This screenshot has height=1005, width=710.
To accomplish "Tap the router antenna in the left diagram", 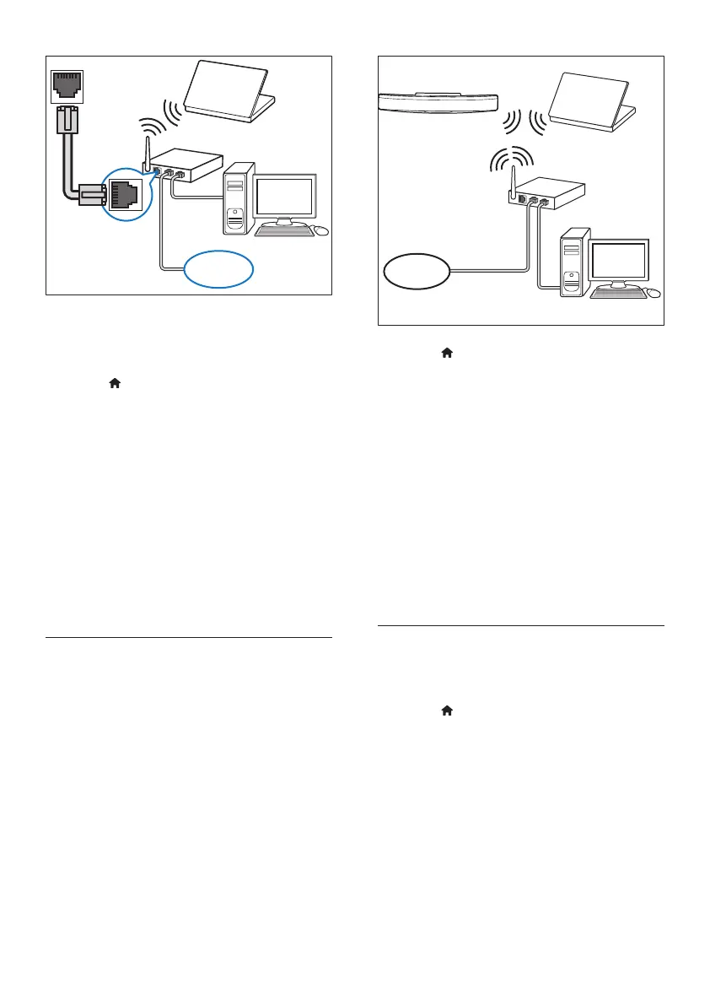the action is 145,152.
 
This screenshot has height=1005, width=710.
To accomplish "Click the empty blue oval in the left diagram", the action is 218,269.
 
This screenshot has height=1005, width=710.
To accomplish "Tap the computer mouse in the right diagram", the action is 654,294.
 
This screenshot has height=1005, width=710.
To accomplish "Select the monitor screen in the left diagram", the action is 286,195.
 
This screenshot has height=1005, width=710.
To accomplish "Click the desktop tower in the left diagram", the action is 238,201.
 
